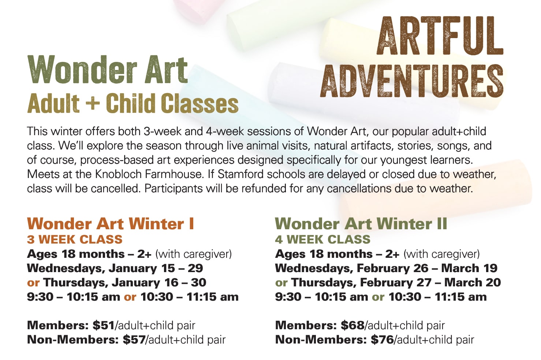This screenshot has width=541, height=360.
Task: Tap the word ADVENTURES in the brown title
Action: (x=412, y=81)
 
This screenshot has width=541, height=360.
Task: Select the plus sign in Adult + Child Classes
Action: (x=93, y=103)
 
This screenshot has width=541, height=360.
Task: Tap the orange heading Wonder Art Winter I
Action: (x=111, y=224)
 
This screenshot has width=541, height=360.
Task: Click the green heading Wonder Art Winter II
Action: (x=361, y=224)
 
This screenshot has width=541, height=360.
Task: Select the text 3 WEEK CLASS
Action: (x=75, y=240)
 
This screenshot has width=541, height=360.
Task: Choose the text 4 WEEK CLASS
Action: (x=323, y=240)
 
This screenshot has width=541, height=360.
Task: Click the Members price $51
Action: (x=104, y=325)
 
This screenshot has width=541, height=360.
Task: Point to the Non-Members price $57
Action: (x=134, y=340)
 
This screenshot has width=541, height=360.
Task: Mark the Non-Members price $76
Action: (x=382, y=340)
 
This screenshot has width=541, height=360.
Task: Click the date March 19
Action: (x=469, y=268)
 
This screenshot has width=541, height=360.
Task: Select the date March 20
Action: (x=473, y=282)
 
